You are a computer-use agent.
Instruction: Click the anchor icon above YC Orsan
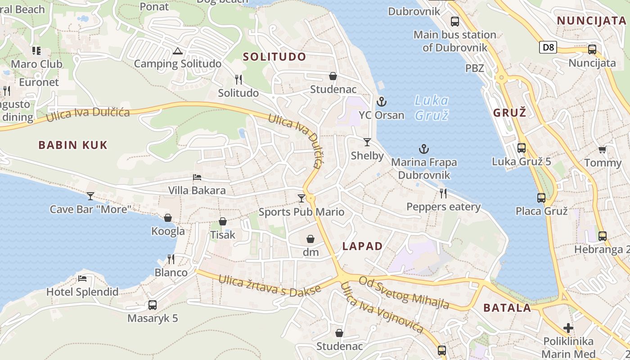click(x=382, y=102)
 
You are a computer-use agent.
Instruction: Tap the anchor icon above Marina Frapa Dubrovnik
click(x=423, y=149)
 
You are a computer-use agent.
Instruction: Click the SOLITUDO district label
click(x=274, y=57)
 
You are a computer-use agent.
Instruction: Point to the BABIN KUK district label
click(x=73, y=145)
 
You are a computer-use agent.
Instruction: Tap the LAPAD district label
click(x=362, y=246)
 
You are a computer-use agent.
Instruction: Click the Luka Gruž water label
click(x=431, y=108)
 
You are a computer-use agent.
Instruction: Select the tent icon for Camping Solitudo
click(x=177, y=51)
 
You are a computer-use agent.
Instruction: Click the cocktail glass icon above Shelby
click(x=367, y=142)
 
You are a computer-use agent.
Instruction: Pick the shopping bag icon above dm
click(x=310, y=238)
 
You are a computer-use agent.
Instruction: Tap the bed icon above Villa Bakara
click(x=197, y=177)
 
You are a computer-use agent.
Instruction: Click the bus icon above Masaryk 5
click(x=153, y=305)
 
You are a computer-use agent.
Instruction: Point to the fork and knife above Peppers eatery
click(x=443, y=193)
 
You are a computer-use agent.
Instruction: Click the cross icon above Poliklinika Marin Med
click(x=568, y=328)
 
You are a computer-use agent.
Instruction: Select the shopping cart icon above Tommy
click(x=602, y=150)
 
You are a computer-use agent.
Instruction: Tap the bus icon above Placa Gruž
click(x=541, y=198)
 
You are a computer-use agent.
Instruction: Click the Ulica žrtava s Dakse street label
click(x=270, y=285)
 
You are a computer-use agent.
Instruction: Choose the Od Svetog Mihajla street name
click(x=404, y=292)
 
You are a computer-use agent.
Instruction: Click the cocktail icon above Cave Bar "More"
click(x=90, y=196)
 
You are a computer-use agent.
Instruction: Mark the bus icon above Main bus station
click(x=455, y=21)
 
